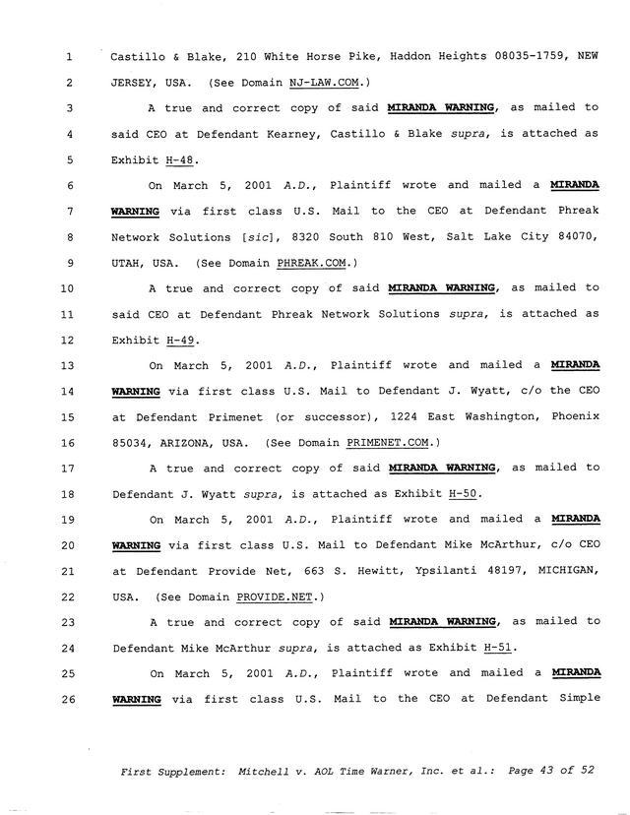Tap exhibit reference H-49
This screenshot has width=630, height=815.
click(x=180, y=340)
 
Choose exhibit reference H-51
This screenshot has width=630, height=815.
click(x=499, y=648)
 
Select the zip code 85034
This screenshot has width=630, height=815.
click(x=132, y=442)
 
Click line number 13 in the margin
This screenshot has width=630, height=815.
click(x=68, y=365)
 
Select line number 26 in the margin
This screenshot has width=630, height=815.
click(x=68, y=699)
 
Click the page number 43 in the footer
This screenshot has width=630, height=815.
click(x=542, y=772)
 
